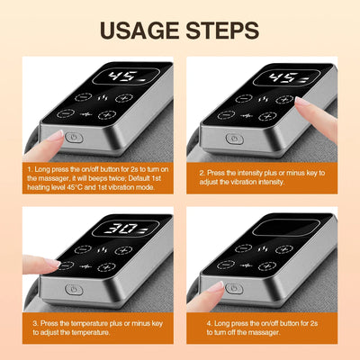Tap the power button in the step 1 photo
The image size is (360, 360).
pos(75,137)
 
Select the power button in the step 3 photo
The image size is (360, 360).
pos(75,291)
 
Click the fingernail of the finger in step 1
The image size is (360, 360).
pos(56,135)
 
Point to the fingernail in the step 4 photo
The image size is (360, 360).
pos(215,287)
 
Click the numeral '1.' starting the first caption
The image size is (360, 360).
pos(30,168)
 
